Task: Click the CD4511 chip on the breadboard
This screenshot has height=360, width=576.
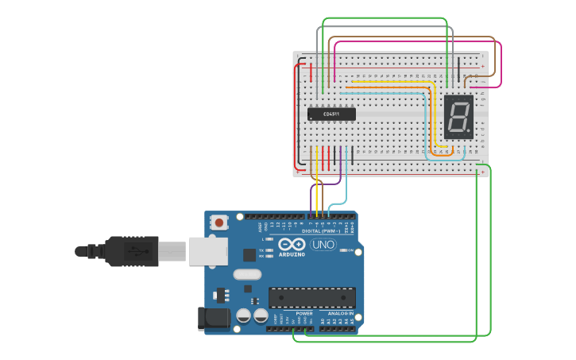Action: click(x=331, y=114)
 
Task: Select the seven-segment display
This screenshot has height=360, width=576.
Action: click(x=458, y=118)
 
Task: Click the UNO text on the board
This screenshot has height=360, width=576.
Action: click(x=323, y=245)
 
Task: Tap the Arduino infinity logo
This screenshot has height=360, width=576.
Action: click(x=292, y=245)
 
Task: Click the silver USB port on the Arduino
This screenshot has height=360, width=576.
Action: click(x=207, y=250)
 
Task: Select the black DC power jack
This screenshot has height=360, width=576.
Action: click(x=215, y=319)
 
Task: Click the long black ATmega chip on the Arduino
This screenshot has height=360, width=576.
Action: click(x=311, y=297)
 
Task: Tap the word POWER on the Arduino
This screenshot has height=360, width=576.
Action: click(x=304, y=313)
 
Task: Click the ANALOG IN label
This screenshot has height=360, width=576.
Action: click(x=341, y=313)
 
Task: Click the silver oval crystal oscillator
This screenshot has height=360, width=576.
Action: click(x=247, y=274)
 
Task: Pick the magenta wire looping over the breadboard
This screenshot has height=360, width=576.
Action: click(x=413, y=43)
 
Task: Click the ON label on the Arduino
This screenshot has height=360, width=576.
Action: click(x=350, y=250)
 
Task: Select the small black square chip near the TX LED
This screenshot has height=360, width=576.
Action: click(x=249, y=254)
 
